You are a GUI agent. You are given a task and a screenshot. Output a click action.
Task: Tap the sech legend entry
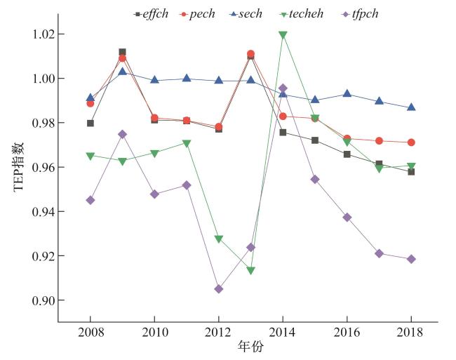pyautogui.click(x=250, y=13)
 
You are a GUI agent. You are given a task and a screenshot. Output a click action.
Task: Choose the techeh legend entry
pyautogui.click(x=307, y=13)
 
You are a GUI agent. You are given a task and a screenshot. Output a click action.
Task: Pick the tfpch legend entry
pyautogui.click(x=361, y=13)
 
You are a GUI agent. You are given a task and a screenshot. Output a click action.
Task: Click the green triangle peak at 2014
pyautogui.click(x=283, y=35)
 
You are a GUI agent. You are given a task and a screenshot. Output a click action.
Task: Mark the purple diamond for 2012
pyautogui.click(x=219, y=288)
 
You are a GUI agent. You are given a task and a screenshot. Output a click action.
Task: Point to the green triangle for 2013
pyautogui.click(x=250, y=271)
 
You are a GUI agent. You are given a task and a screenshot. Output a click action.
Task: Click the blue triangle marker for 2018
pyautogui.click(x=411, y=107)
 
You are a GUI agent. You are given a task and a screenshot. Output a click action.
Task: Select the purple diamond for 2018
pyautogui.click(x=411, y=259)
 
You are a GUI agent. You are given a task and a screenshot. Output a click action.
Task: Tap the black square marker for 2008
pyautogui.click(x=90, y=123)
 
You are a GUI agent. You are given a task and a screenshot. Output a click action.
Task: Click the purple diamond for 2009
pyautogui.click(x=122, y=134)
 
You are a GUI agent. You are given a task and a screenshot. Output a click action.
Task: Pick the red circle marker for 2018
pyautogui.click(x=411, y=142)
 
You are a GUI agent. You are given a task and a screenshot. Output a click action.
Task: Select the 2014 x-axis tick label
pyautogui.click(x=283, y=331)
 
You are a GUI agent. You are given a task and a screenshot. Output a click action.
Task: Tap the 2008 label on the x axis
pyautogui.click(x=90, y=331)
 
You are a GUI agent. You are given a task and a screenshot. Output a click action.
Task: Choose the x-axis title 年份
pyautogui.click(x=250, y=347)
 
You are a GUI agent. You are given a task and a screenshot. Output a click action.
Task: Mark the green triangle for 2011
pyautogui.click(x=187, y=144)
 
